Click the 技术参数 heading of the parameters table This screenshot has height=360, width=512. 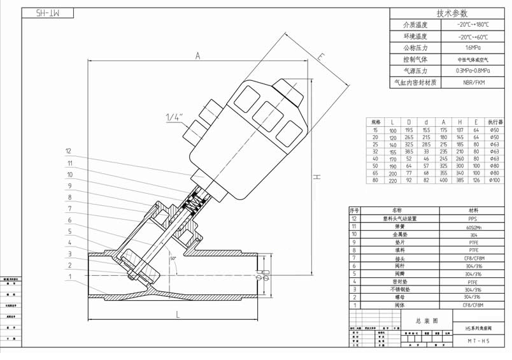click(452, 13)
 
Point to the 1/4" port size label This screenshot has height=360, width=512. click(174, 118)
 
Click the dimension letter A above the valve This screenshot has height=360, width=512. click(198, 56)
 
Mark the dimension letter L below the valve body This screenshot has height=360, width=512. click(178, 314)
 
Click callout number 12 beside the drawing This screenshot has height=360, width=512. click(68, 152)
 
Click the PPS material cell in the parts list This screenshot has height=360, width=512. click(472, 218)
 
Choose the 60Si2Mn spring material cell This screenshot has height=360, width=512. click(472, 226)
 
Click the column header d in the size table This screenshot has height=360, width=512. click(426, 122)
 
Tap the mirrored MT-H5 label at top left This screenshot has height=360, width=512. click(47, 12)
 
